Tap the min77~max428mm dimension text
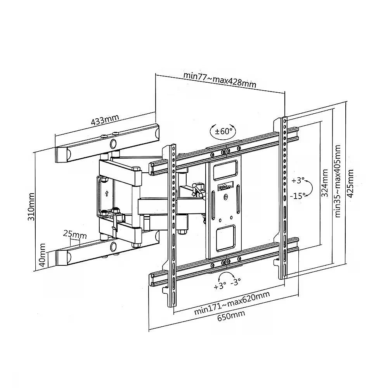pos(220,80)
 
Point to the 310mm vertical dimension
pos(31,207)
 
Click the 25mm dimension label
pos(75,234)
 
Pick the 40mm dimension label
pos(42,255)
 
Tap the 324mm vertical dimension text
pos(324,183)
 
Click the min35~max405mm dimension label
pos(338,181)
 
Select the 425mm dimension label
pos(350,184)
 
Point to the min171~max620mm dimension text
pos(232,303)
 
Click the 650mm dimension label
pos(231,315)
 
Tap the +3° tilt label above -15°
pos(298,180)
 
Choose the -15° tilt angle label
pos(298,196)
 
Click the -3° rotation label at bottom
pos(236,282)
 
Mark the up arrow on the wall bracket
pos(107,193)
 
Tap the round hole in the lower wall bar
pos(113,246)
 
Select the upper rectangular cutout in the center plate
pos(225,170)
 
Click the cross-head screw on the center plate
pos(226,197)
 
